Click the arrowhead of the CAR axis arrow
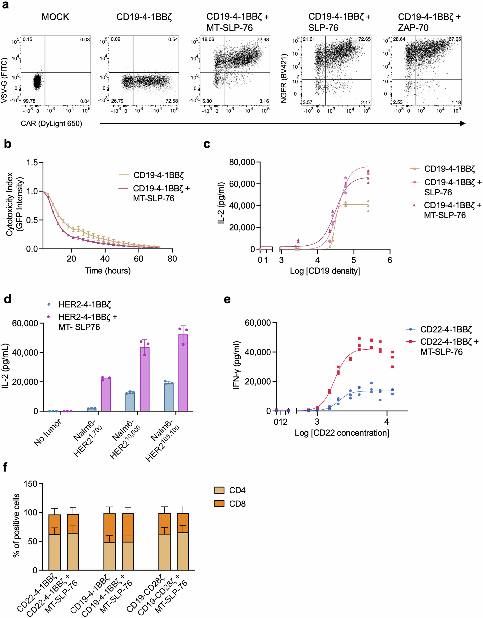(463, 123)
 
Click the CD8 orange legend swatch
(219, 504)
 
